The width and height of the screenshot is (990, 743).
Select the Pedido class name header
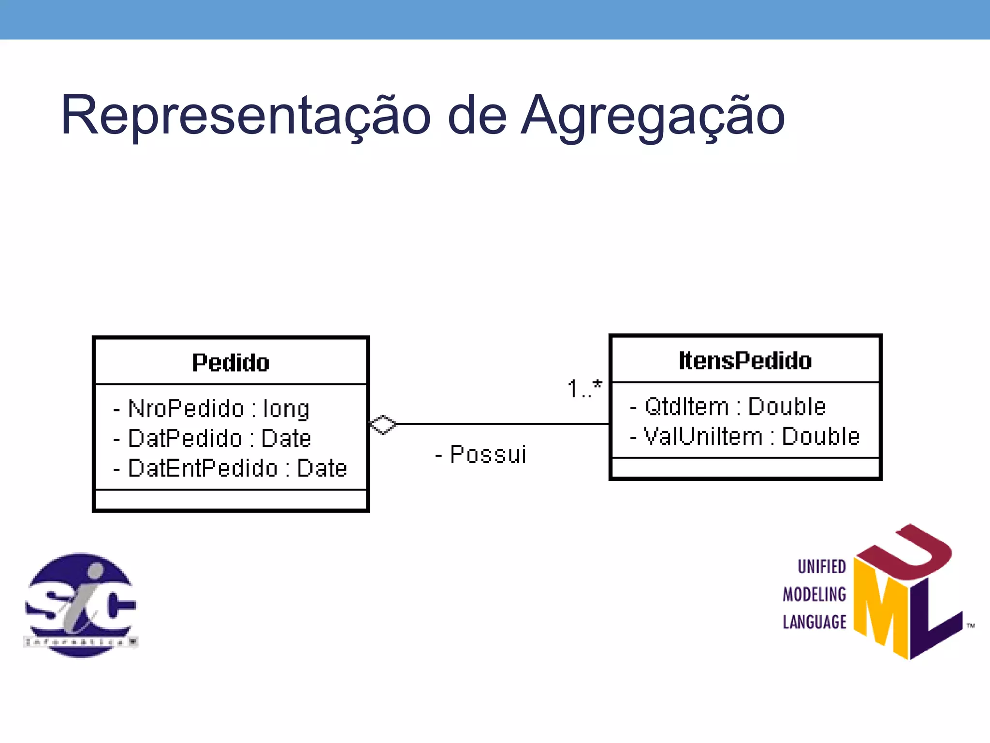pyautogui.click(x=231, y=362)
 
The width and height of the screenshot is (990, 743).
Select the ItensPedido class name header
pyautogui.click(x=745, y=360)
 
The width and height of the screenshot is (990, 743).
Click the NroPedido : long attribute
pyautogui.click(x=212, y=409)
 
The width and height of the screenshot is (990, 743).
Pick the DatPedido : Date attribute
pyautogui.click(x=213, y=439)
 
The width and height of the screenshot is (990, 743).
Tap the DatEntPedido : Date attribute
pyautogui.click(x=231, y=468)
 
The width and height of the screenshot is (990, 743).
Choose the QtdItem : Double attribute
pyautogui.click(x=728, y=407)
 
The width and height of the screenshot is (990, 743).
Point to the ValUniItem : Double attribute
pyautogui.click(x=745, y=436)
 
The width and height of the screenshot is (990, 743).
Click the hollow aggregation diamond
pyautogui.click(x=383, y=425)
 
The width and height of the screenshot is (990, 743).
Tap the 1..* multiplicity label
pyautogui.click(x=584, y=389)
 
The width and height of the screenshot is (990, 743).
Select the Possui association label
pyautogui.click(x=481, y=455)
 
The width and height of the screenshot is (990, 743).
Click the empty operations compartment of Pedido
pyautogui.click(x=231, y=500)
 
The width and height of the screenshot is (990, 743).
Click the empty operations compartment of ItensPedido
pyautogui.click(x=745, y=468)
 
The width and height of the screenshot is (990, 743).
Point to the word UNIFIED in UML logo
pyautogui.click(x=821, y=566)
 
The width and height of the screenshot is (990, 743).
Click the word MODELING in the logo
pyautogui.click(x=815, y=594)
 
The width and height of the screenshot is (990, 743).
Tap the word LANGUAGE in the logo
pyautogui.click(x=815, y=622)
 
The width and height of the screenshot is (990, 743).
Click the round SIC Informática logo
pyautogui.click(x=81, y=605)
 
